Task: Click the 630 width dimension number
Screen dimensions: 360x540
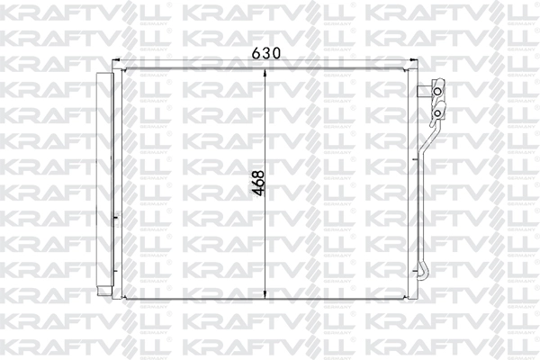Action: pos(265,54)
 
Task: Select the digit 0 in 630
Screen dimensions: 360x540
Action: pos(277,54)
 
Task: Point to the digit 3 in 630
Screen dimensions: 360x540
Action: pos(265,54)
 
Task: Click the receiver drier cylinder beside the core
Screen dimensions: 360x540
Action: pos(105,184)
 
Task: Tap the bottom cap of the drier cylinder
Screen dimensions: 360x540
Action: pos(105,294)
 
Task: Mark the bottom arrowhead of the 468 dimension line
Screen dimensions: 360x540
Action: pos(265,298)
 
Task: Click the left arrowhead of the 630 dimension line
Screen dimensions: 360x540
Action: pos(123,66)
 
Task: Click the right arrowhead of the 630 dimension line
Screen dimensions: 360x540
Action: pos(410,66)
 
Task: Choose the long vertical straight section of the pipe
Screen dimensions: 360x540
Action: pos(420,207)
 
